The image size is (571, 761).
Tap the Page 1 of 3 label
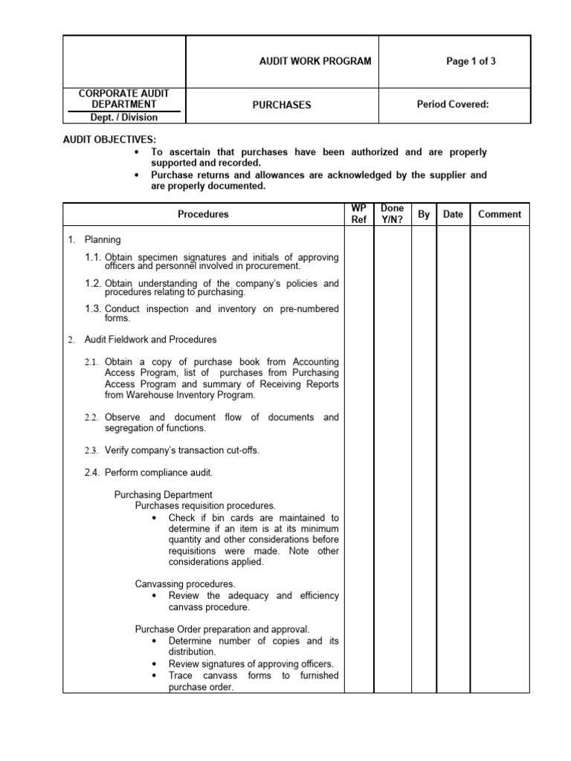click(x=471, y=61)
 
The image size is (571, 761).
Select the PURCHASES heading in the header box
click(x=281, y=105)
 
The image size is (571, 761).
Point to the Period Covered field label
click(x=453, y=104)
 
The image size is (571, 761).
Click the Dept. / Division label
click(x=124, y=117)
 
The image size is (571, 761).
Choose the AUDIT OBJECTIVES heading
click(x=109, y=139)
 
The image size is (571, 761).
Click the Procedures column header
click(x=203, y=214)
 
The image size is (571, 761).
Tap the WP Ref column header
click(x=358, y=214)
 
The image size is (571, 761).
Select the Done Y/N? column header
click(x=392, y=214)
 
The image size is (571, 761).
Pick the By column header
click(x=424, y=214)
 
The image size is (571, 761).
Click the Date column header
click(x=453, y=214)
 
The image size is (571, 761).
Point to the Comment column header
click(x=500, y=214)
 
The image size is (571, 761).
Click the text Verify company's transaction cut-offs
click(x=182, y=450)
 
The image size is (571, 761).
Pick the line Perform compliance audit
click(x=159, y=472)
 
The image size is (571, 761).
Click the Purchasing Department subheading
click(x=163, y=494)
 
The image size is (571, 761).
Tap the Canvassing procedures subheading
click(x=185, y=584)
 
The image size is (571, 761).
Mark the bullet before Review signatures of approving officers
click(x=154, y=664)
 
